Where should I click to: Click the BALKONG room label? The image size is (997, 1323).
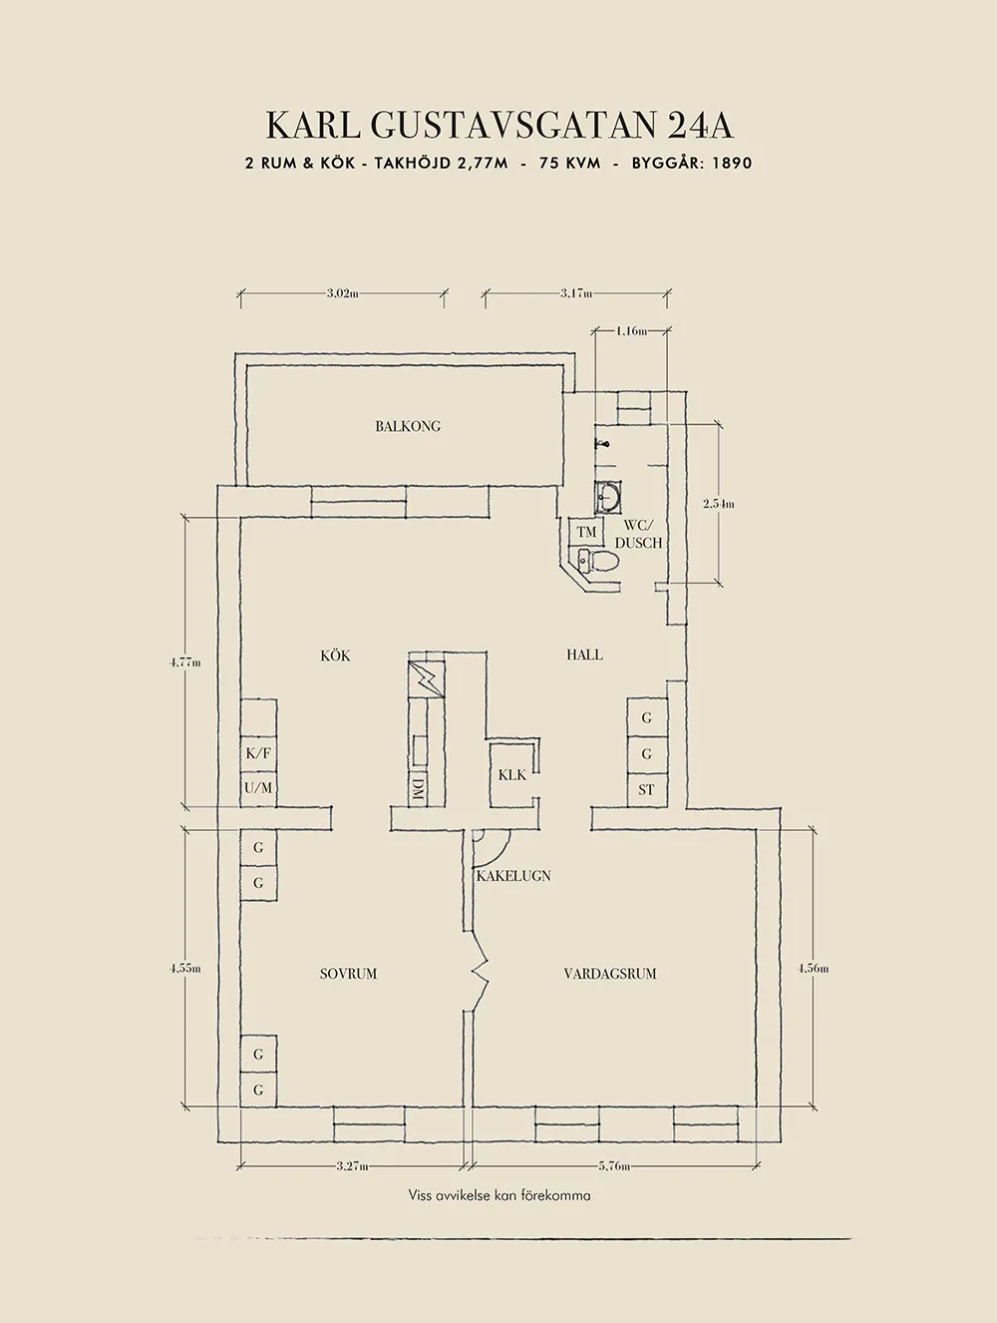tap(408, 426)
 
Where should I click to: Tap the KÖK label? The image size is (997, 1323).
tap(335, 656)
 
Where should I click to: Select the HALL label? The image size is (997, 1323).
tap(584, 655)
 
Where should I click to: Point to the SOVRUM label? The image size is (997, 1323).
tap(348, 974)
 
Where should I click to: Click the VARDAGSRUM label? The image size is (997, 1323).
tap(610, 974)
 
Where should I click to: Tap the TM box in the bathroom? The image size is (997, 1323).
tap(586, 533)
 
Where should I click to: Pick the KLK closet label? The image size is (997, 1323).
tap(512, 774)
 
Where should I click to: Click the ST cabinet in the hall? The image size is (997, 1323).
tap(646, 789)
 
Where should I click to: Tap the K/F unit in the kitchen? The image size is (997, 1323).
tap(258, 753)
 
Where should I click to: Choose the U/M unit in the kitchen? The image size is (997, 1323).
tap(258, 788)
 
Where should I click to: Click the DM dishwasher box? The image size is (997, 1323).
tap(417, 788)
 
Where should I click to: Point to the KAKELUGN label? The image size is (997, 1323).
tap(513, 876)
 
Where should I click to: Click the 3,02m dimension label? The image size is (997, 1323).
tap(342, 293)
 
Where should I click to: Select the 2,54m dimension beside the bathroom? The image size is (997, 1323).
tap(718, 504)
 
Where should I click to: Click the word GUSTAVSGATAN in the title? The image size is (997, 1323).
tap(512, 126)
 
